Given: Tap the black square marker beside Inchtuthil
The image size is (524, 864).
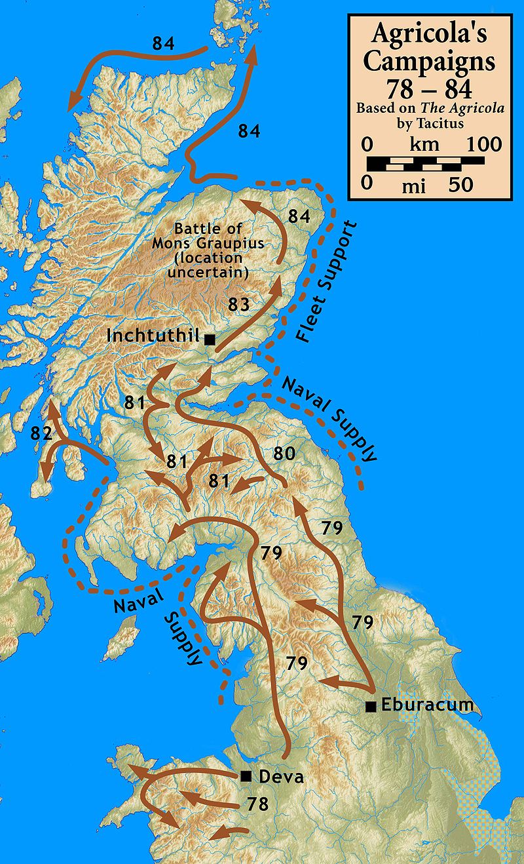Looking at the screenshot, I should click(210, 339).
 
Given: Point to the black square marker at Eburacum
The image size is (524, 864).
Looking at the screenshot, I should click(371, 706).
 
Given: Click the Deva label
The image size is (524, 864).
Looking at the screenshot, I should click(281, 777).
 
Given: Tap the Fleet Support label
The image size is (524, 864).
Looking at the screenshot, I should click(326, 283).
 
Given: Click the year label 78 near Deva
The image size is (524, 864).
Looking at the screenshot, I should click(258, 804).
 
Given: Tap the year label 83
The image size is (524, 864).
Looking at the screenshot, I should click(238, 304).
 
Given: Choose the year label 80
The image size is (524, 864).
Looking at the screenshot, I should click(284, 453).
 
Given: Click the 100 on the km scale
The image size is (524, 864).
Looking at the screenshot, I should click(483, 144).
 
